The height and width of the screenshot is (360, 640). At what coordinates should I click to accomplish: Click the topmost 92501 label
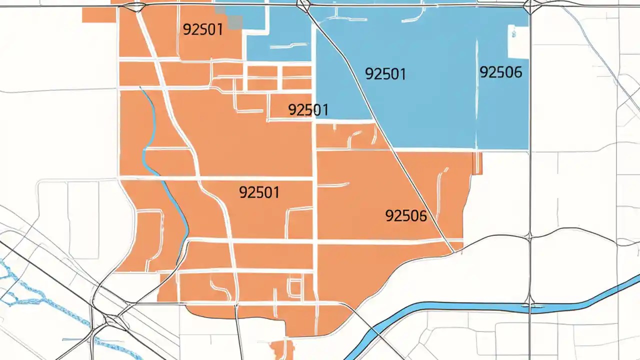click(202, 29)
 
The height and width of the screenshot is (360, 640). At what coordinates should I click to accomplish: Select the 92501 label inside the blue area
click(385, 74)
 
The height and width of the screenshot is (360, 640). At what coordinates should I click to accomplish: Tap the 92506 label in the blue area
click(500, 72)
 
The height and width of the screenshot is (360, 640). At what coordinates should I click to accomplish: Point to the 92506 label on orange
click(406, 216)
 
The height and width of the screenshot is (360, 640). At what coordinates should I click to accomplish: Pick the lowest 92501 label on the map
click(259, 192)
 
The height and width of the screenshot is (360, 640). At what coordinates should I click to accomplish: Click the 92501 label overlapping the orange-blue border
click(308, 109)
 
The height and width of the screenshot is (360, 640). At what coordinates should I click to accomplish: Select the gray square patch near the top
click(235, 20)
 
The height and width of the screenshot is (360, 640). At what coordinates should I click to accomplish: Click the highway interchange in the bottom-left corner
click(112, 320)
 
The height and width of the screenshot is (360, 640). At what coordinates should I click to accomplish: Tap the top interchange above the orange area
click(136, 6)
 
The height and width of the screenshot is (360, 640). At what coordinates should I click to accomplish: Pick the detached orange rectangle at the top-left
click(98, 15)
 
